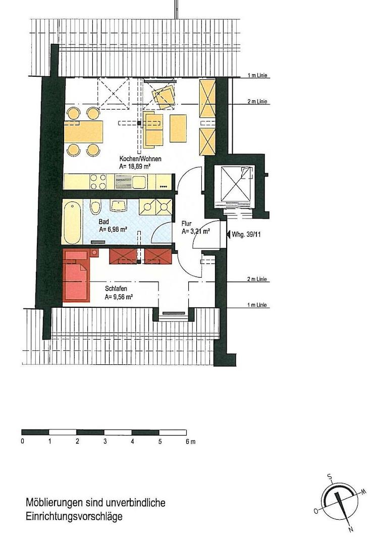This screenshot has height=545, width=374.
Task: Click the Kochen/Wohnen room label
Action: click(140, 159)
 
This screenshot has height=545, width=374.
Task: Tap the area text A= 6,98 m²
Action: click(113, 230)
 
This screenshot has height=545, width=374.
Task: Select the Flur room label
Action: click(187, 224)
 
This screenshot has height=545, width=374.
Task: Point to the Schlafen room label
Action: click(116, 289)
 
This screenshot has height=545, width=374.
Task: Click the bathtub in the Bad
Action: click(73, 221)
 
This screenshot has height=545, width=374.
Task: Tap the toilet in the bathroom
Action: click(95, 207)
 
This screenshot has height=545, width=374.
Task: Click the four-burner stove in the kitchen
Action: click(98, 182)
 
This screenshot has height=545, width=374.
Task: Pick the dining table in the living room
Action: click(83, 131)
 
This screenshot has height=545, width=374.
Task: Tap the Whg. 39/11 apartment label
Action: click(246, 235)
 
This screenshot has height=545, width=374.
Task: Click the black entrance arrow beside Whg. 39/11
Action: click(228, 234)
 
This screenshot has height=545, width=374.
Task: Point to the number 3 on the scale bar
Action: click(105, 442)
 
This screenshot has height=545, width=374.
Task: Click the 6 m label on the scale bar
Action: click(190, 442)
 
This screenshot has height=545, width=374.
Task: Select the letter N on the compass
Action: click(351, 529)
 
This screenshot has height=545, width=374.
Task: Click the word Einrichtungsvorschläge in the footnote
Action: click(74, 517)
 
